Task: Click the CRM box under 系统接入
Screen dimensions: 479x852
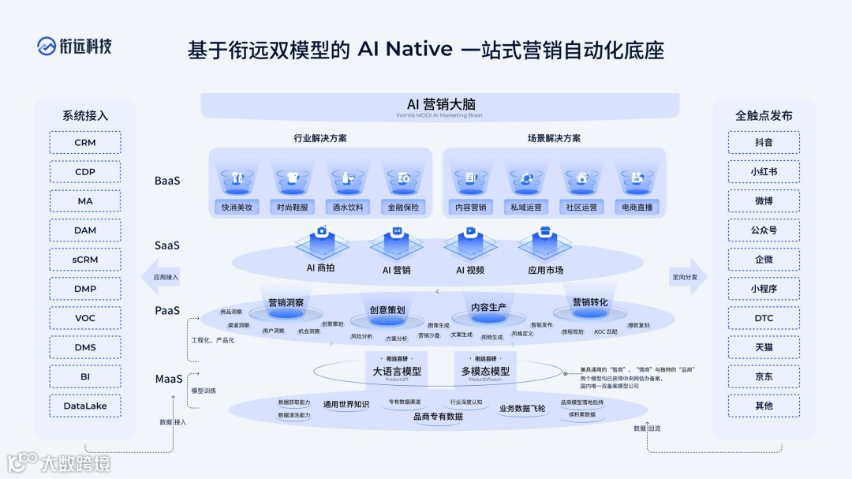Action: (85, 143)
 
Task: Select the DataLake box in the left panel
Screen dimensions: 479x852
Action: (85, 406)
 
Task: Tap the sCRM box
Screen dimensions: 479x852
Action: (85, 260)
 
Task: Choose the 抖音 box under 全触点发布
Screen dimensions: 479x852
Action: (764, 143)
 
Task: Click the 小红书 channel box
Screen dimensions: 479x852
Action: (764, 172)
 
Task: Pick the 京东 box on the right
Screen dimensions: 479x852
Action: (764, 376)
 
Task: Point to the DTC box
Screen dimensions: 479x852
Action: (764, 318)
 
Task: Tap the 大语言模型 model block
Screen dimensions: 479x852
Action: (397, 371)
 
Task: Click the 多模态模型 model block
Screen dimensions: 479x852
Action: (485, 371)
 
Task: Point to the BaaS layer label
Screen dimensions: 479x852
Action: (167, 181)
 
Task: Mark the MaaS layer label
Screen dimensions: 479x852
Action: (169, 380)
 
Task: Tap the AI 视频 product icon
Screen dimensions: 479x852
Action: (470, 241)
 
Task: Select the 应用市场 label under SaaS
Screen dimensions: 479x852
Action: (545, 270)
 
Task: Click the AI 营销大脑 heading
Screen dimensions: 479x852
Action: (440, 104)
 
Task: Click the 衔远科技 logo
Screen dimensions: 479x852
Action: (74, 46)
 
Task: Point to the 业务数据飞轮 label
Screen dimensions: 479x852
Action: (522, 409)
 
